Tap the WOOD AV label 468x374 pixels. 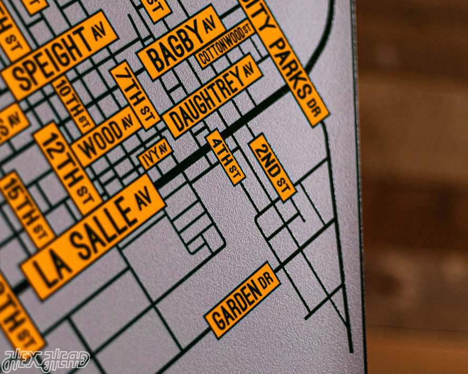point(106,136)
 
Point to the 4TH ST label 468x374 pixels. point(225,157)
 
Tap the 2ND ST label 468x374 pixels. point(272,167)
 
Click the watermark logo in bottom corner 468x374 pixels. point(45,361)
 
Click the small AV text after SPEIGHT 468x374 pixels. point(99,31)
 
